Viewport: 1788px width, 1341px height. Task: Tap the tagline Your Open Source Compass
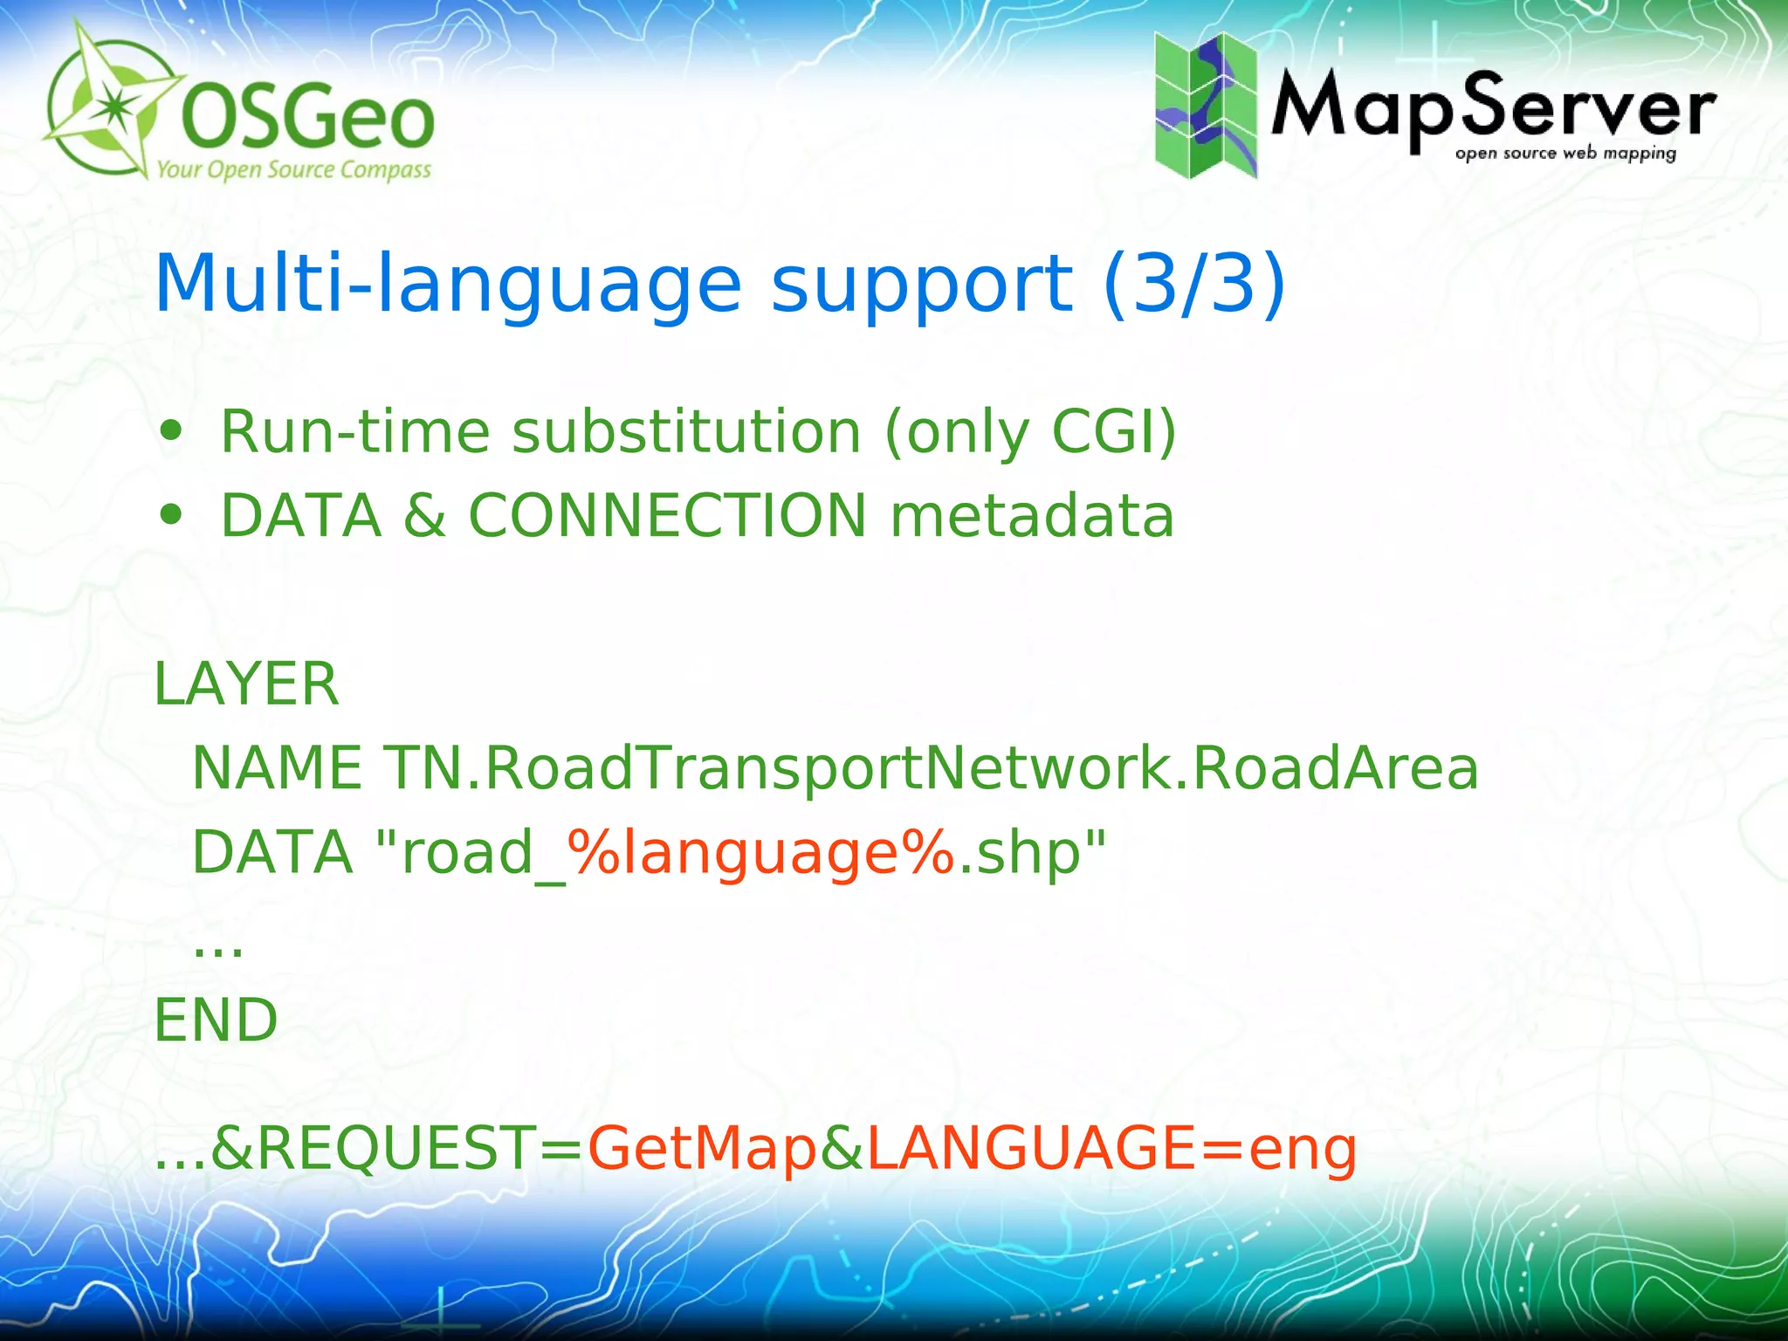click(293, 168)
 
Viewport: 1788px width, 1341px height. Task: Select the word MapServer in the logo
click(1493, 109)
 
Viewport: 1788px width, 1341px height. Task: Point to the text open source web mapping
click(1565, 154)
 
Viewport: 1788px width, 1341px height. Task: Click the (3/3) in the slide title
click(1194, 283)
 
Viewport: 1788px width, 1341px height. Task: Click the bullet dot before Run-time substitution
click(171, 431)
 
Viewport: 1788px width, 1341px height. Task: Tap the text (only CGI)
click(1030, 431)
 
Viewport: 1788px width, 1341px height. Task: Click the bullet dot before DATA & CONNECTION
click(171, 515)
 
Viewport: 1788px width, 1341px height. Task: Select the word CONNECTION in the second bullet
click(668, 515)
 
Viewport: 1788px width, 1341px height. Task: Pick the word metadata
click(1032, 515)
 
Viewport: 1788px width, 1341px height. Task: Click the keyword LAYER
click(246, 684)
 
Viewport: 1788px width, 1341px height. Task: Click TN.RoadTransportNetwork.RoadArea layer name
click(931, 768)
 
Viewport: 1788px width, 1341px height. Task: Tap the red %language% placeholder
click(761, 852)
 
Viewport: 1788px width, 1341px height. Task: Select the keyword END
click(216, 1020)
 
